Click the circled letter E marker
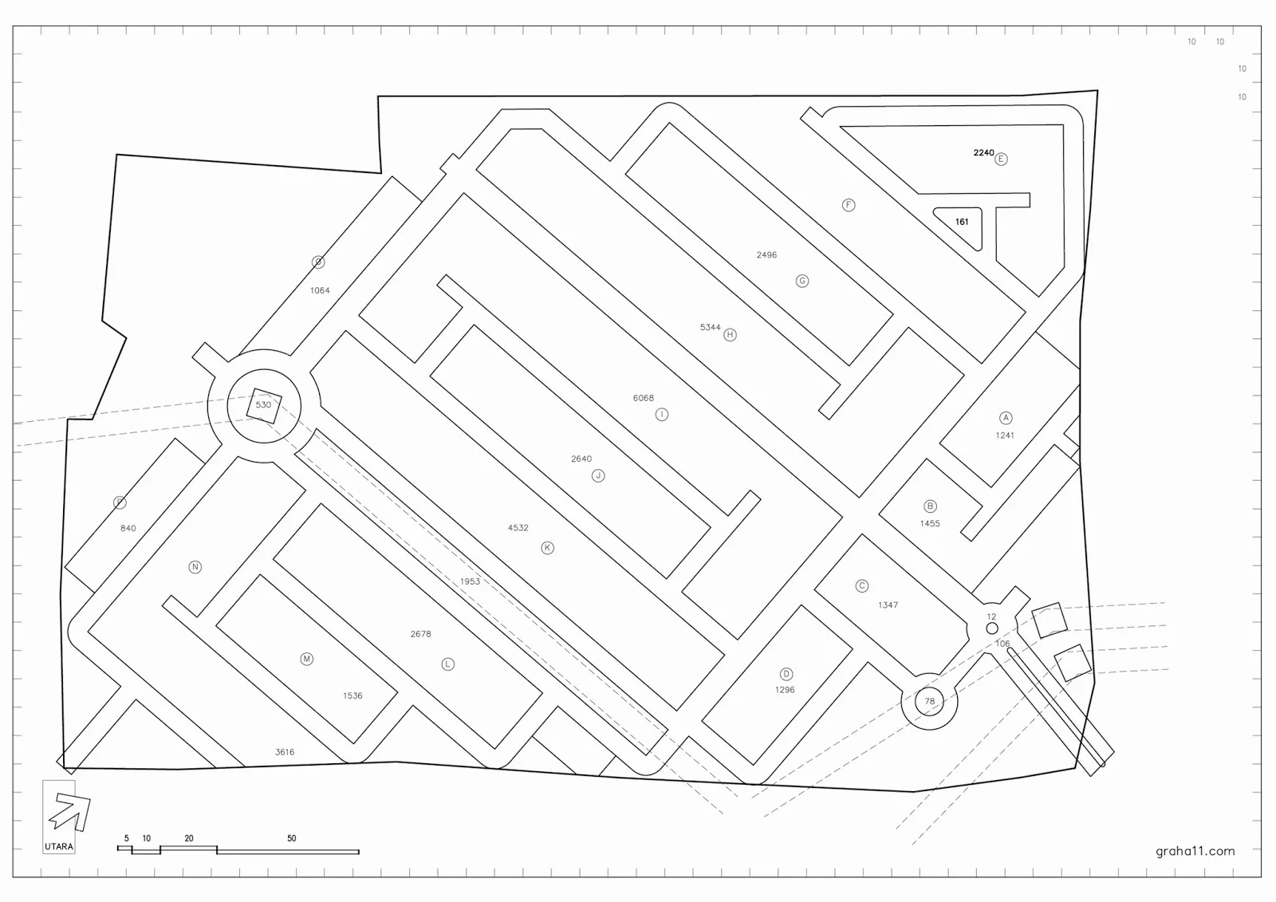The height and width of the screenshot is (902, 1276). coord(1001,159)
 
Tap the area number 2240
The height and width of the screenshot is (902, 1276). coord(983,153)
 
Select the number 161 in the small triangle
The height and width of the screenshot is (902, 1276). coord(962,222)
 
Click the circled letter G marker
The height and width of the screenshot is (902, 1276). coord(802,281)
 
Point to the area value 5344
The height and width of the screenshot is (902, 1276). coord(710,328)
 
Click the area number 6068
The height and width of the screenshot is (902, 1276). coord(643,398)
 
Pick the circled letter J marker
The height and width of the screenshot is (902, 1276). coord(598,476)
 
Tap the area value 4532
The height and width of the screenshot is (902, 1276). coord(518,528)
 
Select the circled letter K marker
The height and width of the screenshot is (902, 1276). coord(547,548)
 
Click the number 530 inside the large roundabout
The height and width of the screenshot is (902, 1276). coord(263,405)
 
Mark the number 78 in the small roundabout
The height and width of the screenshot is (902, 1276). coord(929,702)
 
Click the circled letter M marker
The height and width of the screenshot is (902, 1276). coord(306,659)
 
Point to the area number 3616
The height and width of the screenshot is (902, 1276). coord(285,752)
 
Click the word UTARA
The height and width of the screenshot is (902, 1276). coord(59,847)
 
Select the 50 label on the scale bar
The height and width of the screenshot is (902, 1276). coord(292,838)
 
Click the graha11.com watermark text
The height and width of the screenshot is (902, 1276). coord(1195,851)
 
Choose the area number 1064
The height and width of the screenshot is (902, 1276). coord(320,291)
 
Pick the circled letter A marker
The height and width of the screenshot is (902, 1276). coord(1006,418)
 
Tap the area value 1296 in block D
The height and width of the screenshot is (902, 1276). coord(785,690)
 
